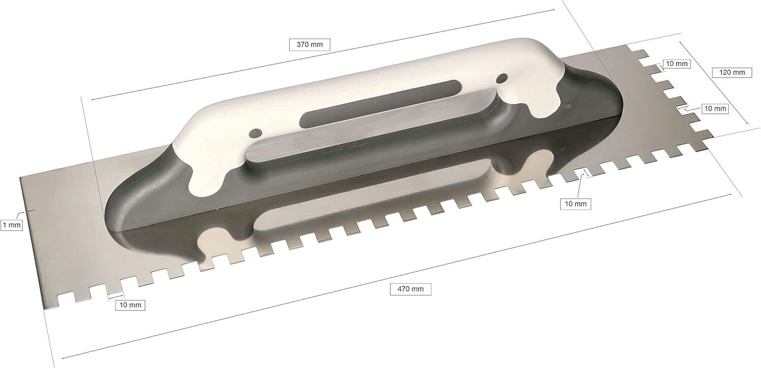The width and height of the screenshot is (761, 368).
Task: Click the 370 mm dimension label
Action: point(309,45)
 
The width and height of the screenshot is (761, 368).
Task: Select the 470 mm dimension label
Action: point(410,289)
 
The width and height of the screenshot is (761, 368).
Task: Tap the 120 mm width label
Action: point(732,73)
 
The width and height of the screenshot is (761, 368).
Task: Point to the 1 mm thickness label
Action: point(12,225)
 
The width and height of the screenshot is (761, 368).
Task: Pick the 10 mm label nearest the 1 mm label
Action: point(130,305)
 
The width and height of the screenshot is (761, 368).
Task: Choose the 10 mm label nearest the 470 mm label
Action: point(575,204)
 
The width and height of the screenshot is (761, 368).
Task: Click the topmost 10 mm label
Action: point(676,63)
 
